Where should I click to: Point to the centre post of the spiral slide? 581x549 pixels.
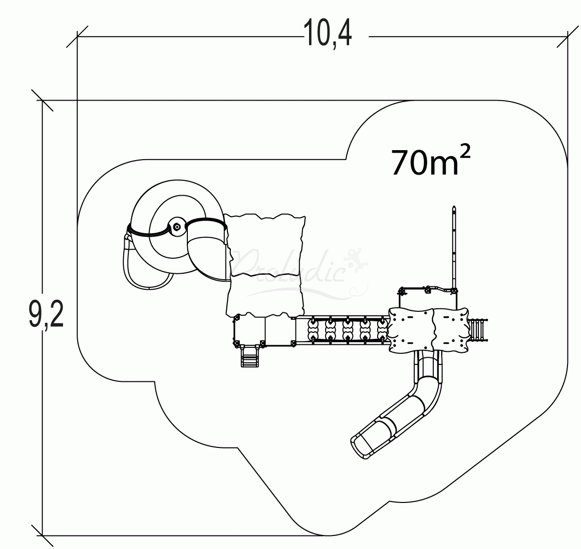[176, 227]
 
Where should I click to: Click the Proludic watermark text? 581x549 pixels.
[288, 266]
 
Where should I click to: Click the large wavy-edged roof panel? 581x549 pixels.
[265, 265]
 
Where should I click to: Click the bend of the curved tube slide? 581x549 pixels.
[423, 393]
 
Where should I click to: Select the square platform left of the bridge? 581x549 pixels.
[249, 330]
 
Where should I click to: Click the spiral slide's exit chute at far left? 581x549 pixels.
[129, 263]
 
